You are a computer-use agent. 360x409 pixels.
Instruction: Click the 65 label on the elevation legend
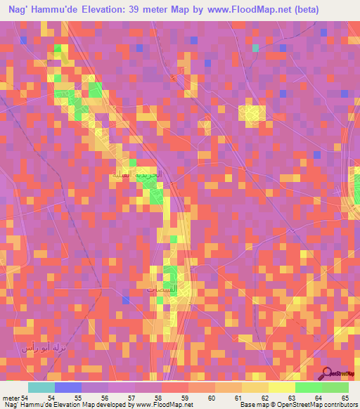[x=345, y=398]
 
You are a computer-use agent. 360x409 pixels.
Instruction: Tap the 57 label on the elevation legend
[x=139, y=398]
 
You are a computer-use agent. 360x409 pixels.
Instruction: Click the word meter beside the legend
[x=10, y=398]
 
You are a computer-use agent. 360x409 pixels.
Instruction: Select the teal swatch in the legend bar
[x=41, y=387]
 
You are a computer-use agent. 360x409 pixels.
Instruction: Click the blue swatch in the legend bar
[x=67, y=387]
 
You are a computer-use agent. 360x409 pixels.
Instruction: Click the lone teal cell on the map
[x=256, y=48]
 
